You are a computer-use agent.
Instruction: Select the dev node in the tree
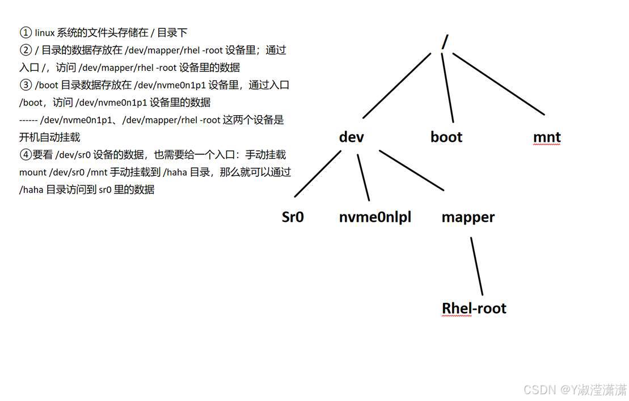[x=351, y=137]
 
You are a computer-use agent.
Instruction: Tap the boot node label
[x=446, y=137]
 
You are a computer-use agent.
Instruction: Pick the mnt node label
[x=547, y=137]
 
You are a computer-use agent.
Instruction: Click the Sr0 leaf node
[x=293, y=217]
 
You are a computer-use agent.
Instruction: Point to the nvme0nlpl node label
[x=375, y=217]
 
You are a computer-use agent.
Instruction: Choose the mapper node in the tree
[x=468, y=217]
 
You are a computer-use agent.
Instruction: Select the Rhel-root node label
[x=474, y=308]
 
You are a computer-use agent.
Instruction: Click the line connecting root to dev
[x=400, y=85]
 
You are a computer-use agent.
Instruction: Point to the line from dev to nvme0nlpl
[x=363, y=177]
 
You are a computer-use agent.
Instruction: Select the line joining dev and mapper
[x=411, y=170]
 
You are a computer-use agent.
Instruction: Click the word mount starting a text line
[x=33, y=172]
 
